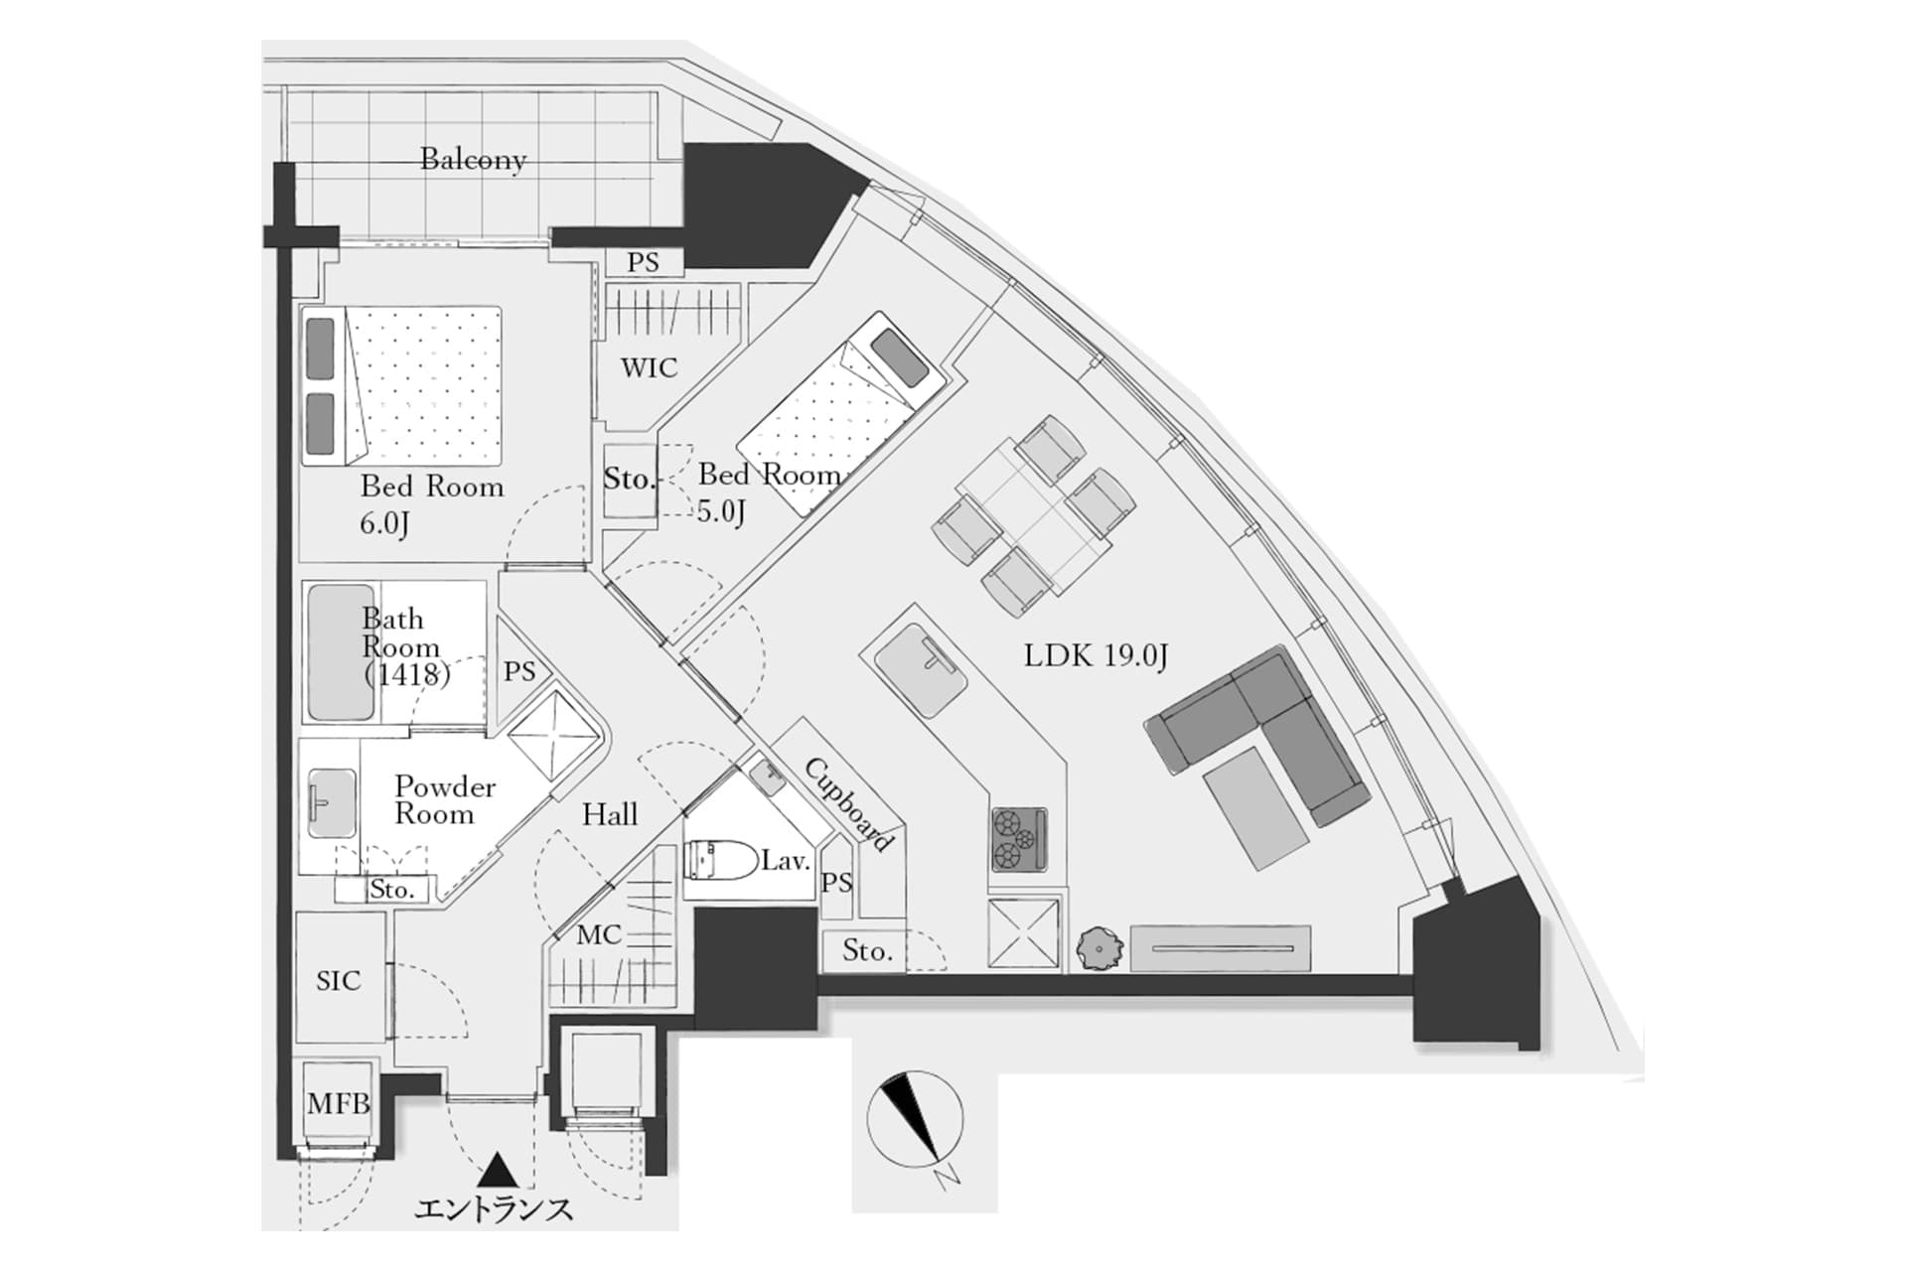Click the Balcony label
click(473, 159)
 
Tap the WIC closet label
click(649, 368)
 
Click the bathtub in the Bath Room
click(341, 651)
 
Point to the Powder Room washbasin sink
click(331, 802)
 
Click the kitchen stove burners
click(1019, 839)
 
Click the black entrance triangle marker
click(494, 1171)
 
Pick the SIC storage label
click(338, 981)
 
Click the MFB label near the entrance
click(338, 1103)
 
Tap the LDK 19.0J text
click(1096, 655)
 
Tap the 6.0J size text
click(383, 523)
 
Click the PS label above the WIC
click(643, 262)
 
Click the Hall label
click(609, 815)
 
